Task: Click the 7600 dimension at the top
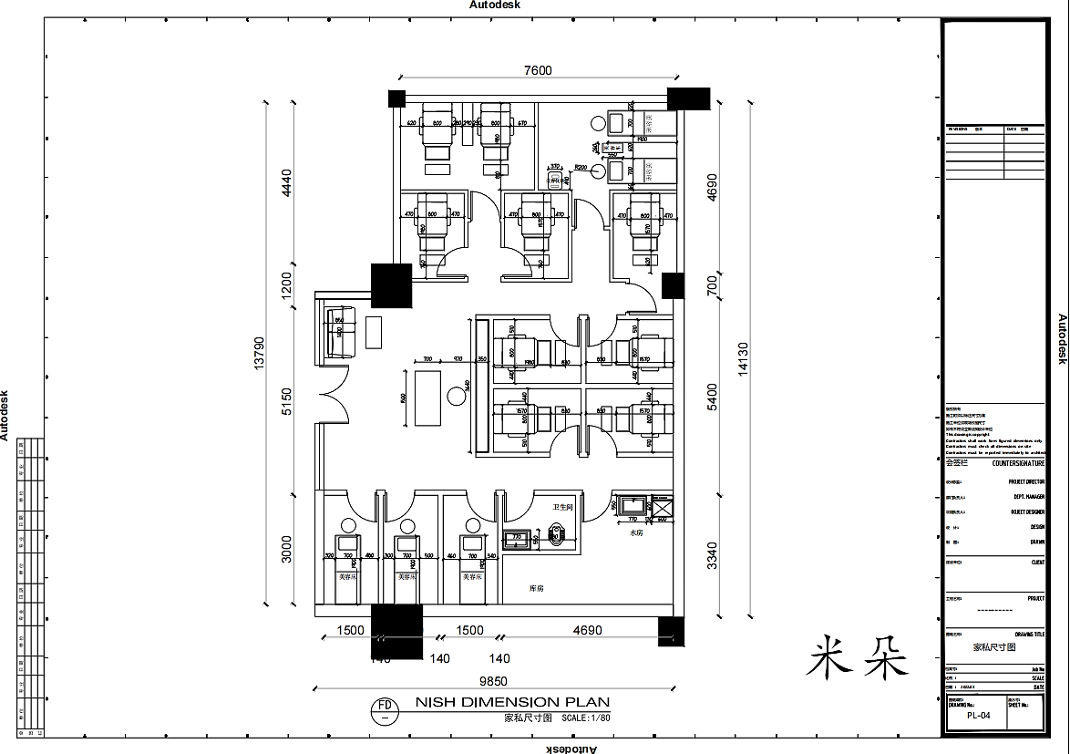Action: [538, 71]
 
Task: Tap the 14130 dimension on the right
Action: [743, 358]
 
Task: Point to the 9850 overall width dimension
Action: [493, 680]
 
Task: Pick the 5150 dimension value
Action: [287, 402]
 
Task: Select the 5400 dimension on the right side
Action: [712, 396]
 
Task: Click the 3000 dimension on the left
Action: [287, 548]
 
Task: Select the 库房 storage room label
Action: [538, 589]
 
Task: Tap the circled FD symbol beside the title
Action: [385, 709]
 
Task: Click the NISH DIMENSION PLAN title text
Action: [512, 702]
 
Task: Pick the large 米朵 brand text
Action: [858, 656]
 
